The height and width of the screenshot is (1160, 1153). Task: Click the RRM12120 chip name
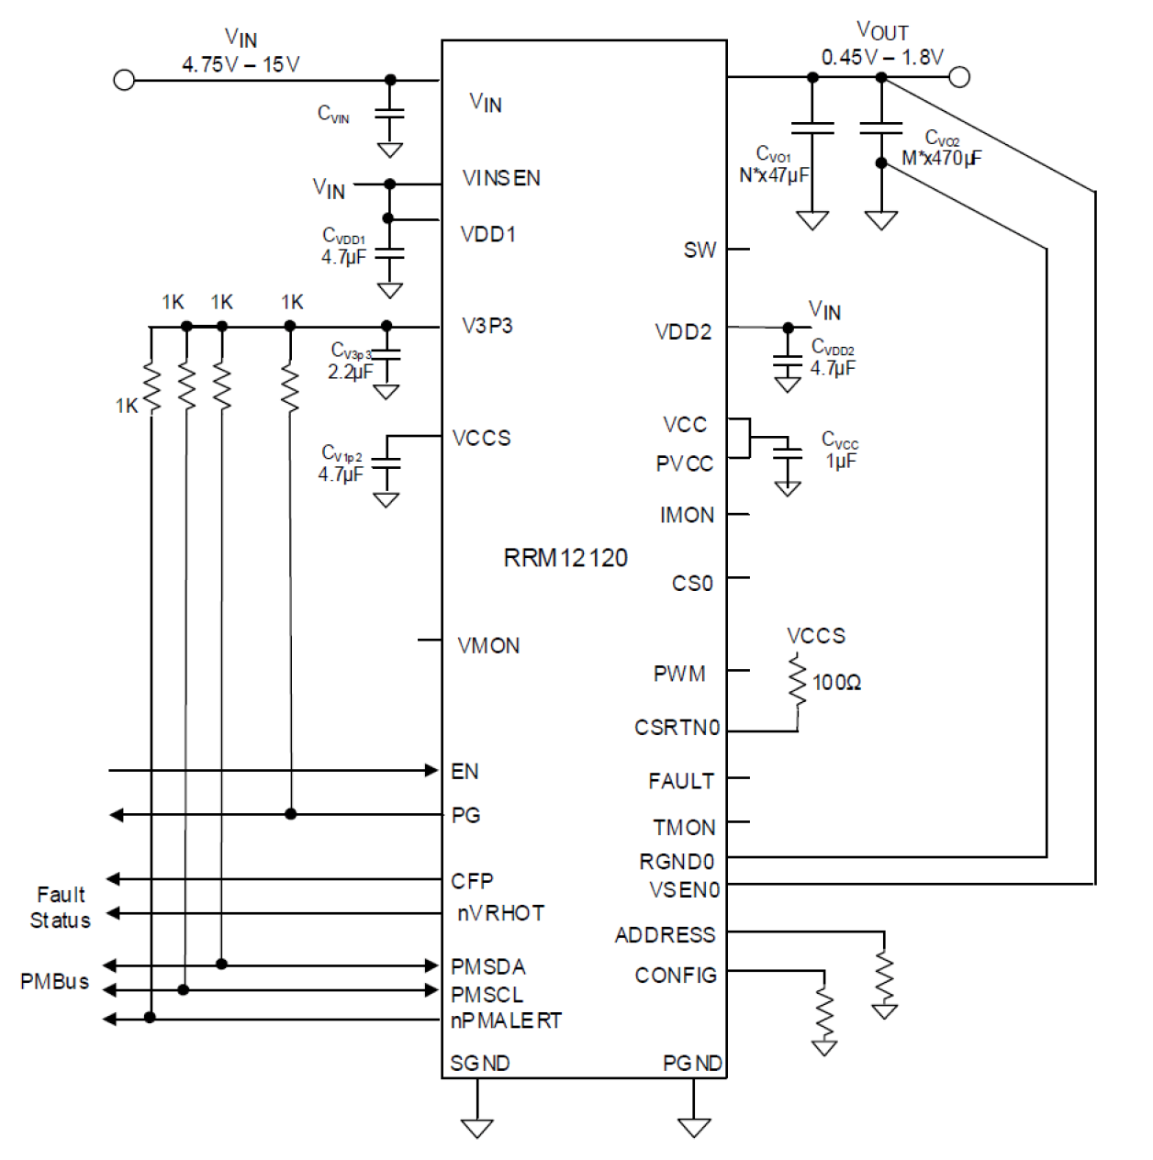click(565, 558)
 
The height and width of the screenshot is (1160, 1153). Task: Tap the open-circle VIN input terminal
click(124, 80)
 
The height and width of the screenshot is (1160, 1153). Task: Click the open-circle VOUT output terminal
click(959, 77)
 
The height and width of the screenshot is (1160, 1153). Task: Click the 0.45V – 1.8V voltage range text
click(881, 58)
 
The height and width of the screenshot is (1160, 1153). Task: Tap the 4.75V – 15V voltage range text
click(241, 64)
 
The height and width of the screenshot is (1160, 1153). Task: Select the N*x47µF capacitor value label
click(774, 174)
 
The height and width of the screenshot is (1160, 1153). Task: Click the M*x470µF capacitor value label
click(941, 158)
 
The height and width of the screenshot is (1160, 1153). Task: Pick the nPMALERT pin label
click(506, 1021)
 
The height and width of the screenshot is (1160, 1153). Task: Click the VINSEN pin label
click(501, 178)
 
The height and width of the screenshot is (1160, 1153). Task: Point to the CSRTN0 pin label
click(677, 728)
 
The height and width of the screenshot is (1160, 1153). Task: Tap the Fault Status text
click(61, 908)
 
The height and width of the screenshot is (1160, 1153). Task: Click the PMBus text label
click(55, 981)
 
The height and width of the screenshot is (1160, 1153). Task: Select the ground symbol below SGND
click(477, 1127)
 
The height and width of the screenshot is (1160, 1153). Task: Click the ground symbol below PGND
click(694, 1127)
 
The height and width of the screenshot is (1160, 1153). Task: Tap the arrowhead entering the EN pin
click(431, 770)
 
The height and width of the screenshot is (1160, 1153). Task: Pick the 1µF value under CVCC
click(841, 461)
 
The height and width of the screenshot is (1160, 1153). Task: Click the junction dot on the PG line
click(291, 814)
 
